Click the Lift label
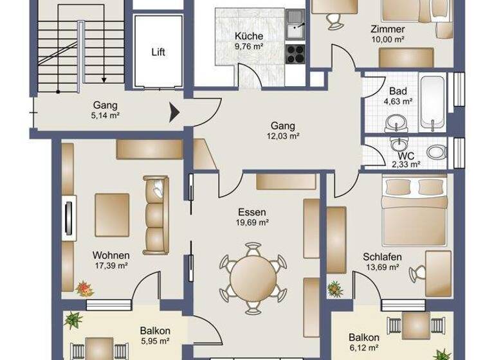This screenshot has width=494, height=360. coord(158,52)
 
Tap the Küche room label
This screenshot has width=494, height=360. coord(248,37)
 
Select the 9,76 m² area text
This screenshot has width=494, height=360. coord(248,46)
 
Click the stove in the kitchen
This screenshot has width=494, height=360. coord(295,54)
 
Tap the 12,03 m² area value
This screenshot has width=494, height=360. coord(284,136)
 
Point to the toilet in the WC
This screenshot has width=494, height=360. coord(437,152)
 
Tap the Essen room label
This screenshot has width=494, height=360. coord(252,212)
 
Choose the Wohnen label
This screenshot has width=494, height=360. coord(111,255)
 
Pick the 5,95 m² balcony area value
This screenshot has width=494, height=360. coord(154,341)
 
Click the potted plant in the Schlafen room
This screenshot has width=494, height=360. coord(334,289)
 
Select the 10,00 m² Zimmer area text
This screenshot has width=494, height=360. coord(387,39)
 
